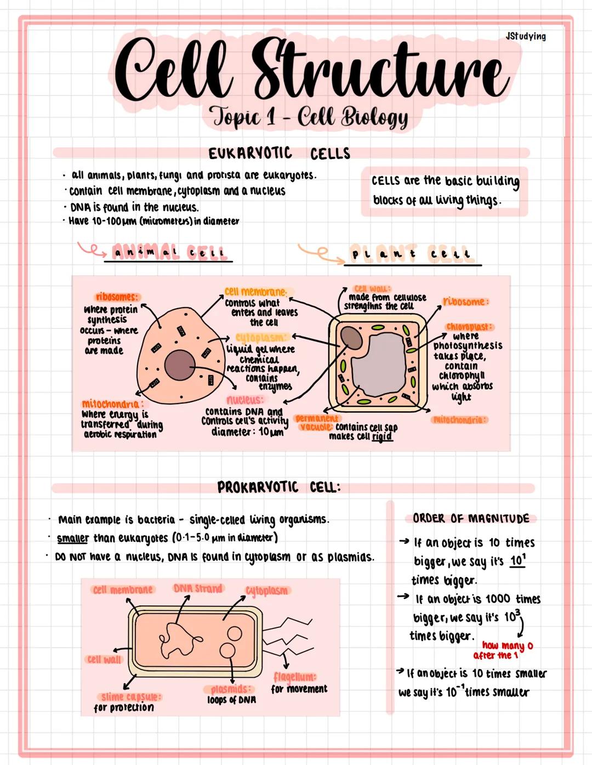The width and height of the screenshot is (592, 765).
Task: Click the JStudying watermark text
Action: pos(525,36)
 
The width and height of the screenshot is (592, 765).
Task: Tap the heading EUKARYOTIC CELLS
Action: pos(279,153)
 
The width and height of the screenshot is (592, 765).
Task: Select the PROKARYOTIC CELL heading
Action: pos(278,487)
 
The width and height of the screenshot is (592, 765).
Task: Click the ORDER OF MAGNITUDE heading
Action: pos(471,518)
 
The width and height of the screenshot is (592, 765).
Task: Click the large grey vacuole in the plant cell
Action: pos(378,362)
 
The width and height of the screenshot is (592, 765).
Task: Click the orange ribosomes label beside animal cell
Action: pos(116,297)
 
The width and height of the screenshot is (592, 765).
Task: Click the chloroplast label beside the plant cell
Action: pos(469,327)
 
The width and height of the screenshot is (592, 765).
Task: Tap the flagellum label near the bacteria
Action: pos(294,677)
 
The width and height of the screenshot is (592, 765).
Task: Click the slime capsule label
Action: pos(131,696)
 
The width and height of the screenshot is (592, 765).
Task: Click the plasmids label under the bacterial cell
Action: pos(231,689)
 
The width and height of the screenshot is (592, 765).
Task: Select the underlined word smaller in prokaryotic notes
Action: pos(72,538)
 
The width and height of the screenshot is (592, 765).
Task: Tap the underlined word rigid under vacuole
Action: pos(382,437)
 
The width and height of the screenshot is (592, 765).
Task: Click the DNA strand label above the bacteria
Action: pos(198,588)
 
